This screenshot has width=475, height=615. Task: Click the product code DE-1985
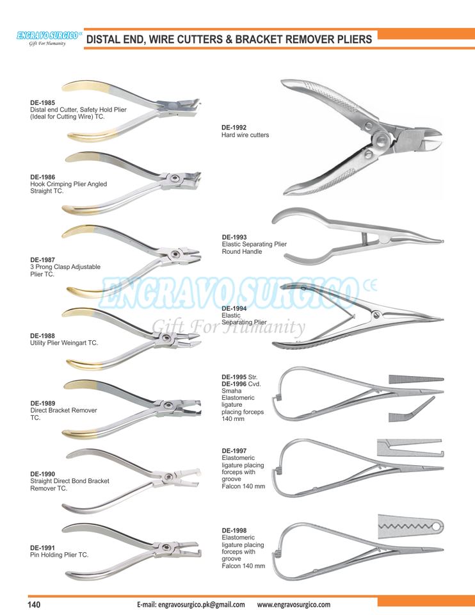coord(42,102)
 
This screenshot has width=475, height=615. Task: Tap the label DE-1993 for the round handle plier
coord(234,237)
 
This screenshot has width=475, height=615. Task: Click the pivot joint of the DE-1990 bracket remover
coord(168,475)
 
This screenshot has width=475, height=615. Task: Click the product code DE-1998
coord(234,530)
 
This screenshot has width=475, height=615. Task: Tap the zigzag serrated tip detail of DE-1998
coord(410,528)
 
